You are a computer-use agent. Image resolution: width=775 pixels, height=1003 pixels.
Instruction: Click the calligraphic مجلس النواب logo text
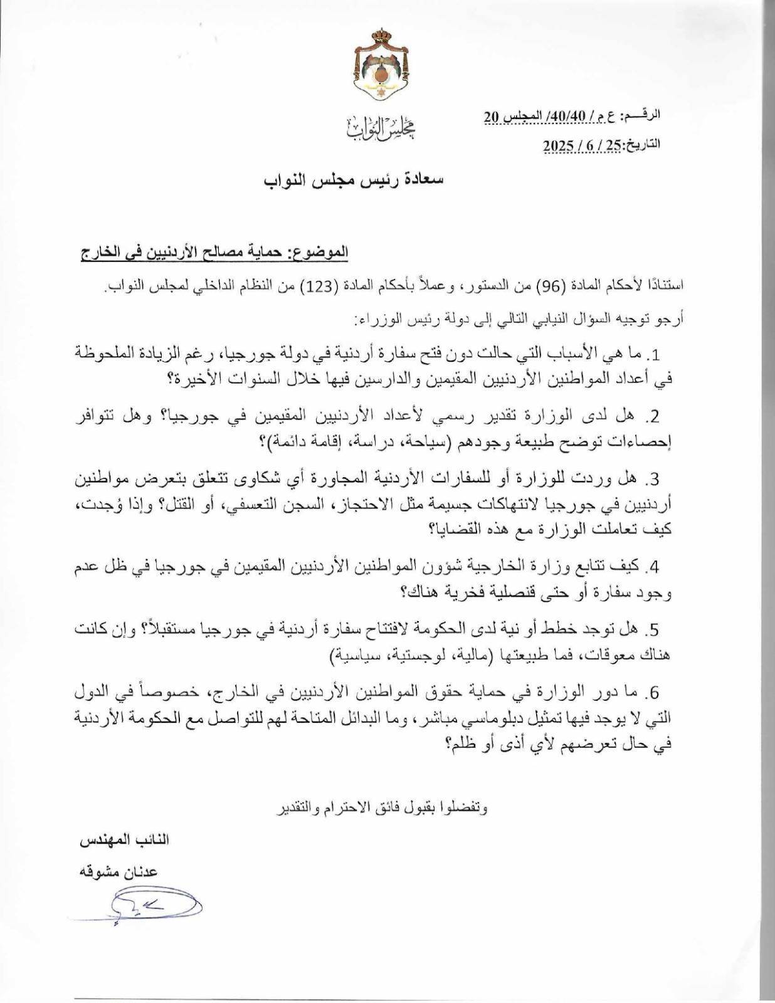click(382, 128)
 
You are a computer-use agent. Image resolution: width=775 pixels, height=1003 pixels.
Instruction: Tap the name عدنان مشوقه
click(117, 871)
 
